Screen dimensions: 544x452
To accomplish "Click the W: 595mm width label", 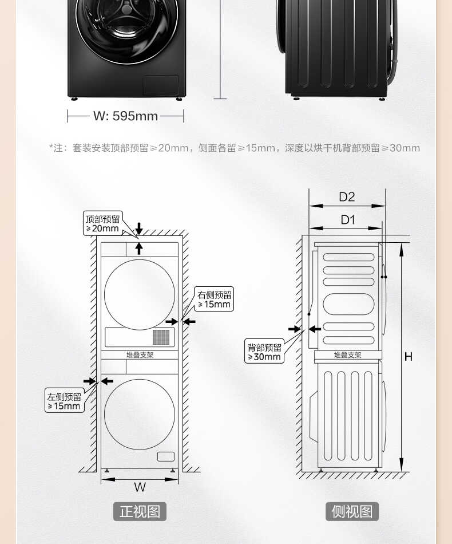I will pos(125,116).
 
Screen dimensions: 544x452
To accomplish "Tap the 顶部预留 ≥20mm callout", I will pos(103,223).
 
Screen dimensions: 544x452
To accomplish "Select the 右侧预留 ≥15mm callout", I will pos(214,299).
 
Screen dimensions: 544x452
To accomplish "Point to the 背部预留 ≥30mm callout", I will pos(264,352).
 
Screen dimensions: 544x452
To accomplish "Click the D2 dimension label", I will pos(347,197).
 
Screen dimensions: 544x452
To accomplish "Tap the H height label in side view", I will pos(408,357).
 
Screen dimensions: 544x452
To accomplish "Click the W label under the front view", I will pos(140,487).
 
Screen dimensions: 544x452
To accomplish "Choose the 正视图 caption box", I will pos(140,511).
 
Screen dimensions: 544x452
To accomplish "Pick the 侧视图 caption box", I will pos(352,511).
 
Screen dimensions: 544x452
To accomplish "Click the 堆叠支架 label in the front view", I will pos(140,355).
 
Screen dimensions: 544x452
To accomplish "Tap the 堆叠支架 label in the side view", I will pos(347,355).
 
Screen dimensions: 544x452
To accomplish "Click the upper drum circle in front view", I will pos(140,294).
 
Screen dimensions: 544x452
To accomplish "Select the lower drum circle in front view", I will pos(140,414).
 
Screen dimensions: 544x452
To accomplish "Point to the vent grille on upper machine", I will pos(161,337).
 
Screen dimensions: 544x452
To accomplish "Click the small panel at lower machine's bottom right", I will pos(165,456).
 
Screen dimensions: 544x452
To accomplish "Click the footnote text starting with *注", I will pos(234,148).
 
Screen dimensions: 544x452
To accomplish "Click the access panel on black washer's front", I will pos(160,85).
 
